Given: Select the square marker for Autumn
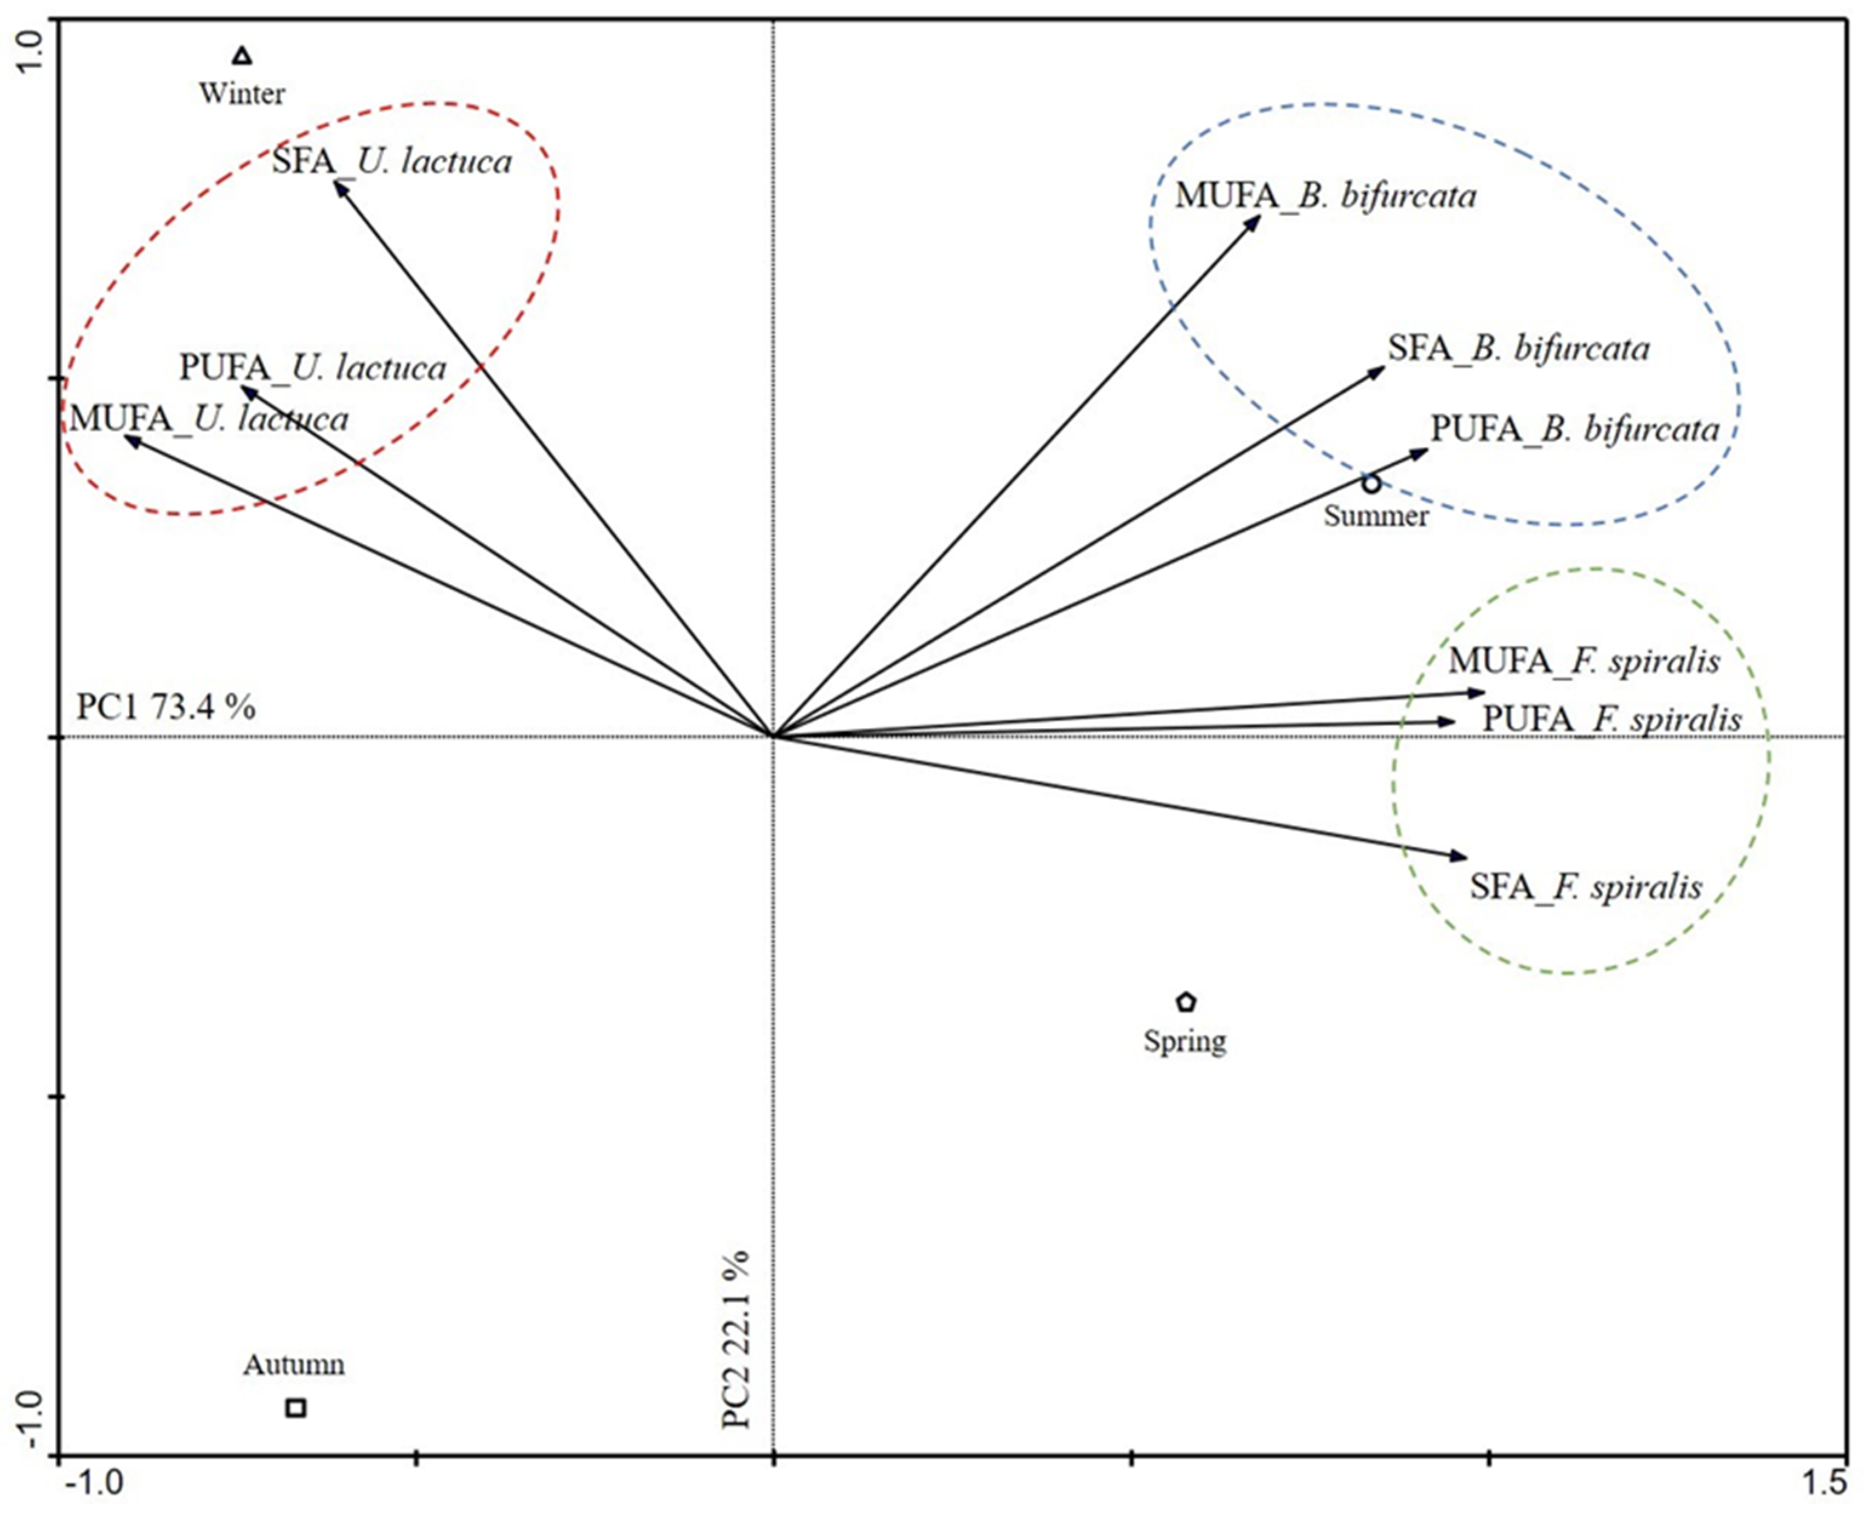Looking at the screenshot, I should [x=296, y=1407].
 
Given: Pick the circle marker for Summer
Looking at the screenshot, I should [x=1371, y=483].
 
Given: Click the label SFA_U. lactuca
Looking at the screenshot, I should [x=391, y=162].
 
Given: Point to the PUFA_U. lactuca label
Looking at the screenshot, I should [x=313, y=368].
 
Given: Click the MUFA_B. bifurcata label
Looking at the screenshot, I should [x=1325, y=196].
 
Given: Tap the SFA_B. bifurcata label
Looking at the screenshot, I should [x=1519, y=348].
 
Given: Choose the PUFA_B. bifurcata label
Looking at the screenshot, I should [x=1574, y=429].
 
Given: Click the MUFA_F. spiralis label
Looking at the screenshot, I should [x=1584, y=661].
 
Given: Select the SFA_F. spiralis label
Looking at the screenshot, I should [x=1586, y=887].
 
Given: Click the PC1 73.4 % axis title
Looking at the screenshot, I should [x=166, y=706].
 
